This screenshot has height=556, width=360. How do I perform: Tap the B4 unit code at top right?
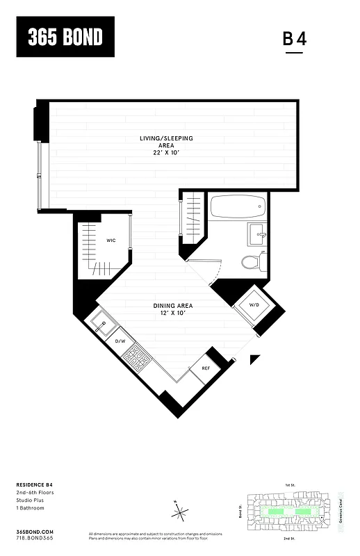[294, 39]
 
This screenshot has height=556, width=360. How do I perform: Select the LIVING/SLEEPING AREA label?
[166, 142]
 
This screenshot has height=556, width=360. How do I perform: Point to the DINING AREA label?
[173, 306]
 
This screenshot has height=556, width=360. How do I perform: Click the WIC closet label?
[111, 240]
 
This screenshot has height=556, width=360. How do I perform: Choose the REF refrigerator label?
[206, 368]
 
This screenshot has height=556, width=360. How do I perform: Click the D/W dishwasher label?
[120, 342]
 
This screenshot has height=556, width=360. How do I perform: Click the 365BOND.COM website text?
[33, 530]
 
